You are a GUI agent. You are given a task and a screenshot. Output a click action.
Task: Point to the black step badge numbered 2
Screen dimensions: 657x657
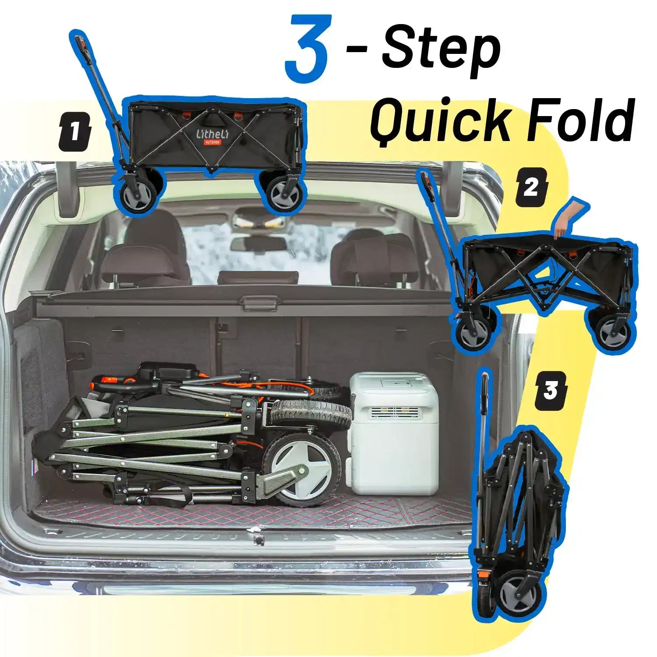coord(531,187)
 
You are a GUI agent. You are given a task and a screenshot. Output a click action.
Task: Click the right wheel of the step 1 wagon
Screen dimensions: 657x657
coord(285,193)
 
